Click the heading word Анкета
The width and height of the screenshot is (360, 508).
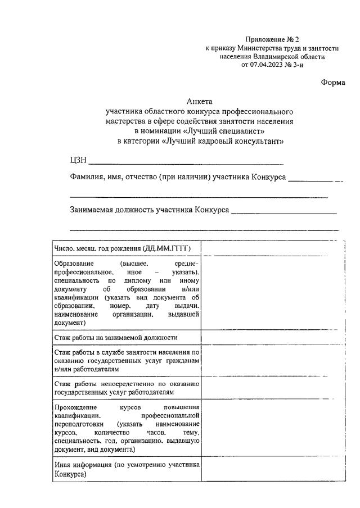pos(200,102)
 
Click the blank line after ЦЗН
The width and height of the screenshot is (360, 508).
pos(186,161)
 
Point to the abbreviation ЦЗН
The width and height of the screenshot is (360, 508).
pos(78,160)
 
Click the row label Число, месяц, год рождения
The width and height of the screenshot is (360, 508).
pos(122,248)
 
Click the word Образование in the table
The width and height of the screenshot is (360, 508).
pos(74,263)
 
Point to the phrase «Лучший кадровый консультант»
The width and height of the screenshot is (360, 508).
pos(222,141)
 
